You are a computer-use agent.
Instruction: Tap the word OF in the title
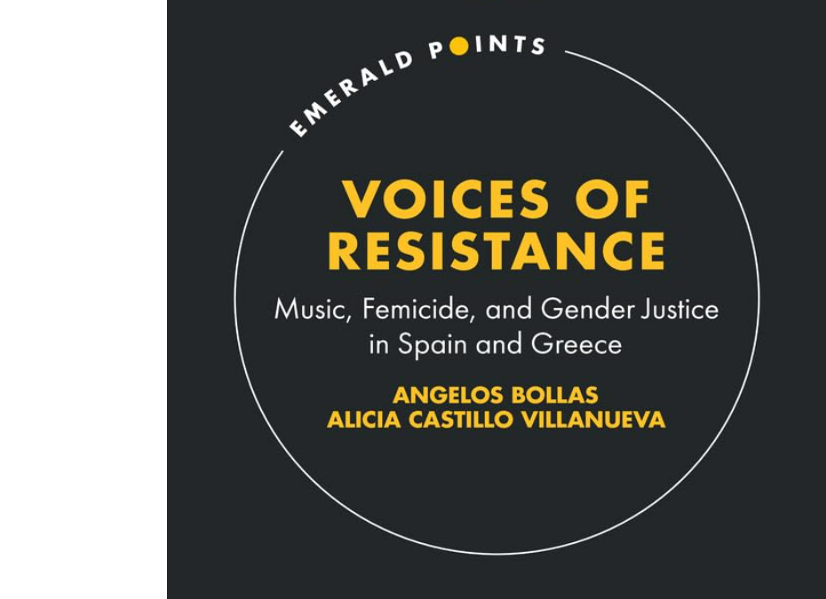(x=612, y=200)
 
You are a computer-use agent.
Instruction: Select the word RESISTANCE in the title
(x=496, y=250)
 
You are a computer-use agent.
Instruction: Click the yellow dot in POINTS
(x=459, y=48)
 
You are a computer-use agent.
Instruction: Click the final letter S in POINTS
(x=537, y=47)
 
